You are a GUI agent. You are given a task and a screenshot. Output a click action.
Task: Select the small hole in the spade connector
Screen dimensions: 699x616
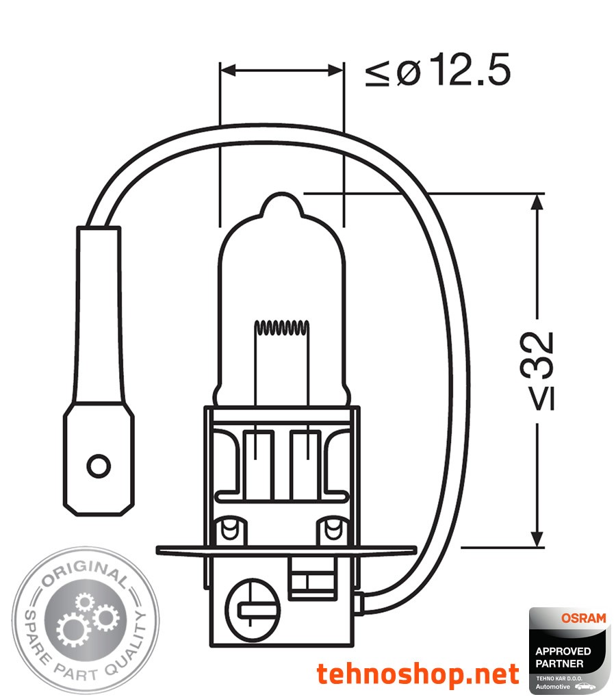tap(99, 466)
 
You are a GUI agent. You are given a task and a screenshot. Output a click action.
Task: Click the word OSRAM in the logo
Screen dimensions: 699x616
tap(583, 618)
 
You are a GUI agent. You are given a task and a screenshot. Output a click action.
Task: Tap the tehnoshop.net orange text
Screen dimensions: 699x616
tap(418, 674)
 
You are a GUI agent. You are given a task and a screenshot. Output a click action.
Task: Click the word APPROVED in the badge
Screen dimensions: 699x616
tap(563, 651)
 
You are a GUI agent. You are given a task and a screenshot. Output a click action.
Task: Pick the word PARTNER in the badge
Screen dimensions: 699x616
tap(560, 663)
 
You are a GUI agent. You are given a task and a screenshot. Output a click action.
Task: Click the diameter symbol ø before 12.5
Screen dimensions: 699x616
tap(408, 71)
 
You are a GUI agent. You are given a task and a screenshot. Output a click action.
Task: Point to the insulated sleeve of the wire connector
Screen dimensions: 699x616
tap(99, 315)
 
